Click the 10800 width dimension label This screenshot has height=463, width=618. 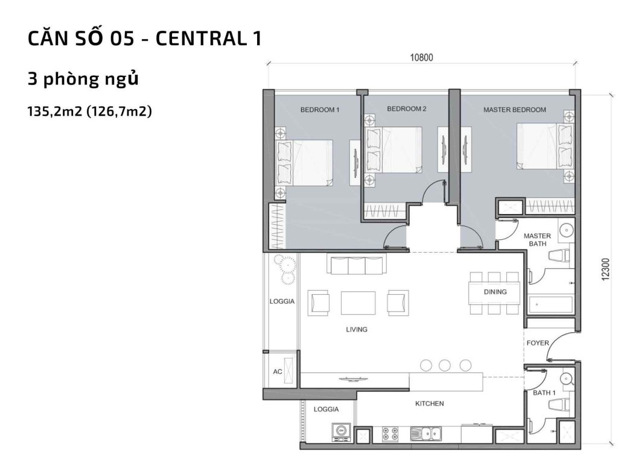click(422, 58)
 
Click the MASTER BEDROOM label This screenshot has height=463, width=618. click(514, 110)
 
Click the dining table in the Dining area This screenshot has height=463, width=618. click(494, 292)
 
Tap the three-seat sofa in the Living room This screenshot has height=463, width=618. click(356, 265)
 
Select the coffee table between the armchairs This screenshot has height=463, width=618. click(358, 303)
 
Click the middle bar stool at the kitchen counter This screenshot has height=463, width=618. click(445, 365)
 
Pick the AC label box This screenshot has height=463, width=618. click(278, 372)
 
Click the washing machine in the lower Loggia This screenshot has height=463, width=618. click(341, 430)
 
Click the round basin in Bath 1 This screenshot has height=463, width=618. click(565, 378)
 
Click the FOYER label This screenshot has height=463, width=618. click(538, 343)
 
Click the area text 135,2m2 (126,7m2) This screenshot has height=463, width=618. click(89, 111)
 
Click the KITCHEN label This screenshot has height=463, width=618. click(430, 403)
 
